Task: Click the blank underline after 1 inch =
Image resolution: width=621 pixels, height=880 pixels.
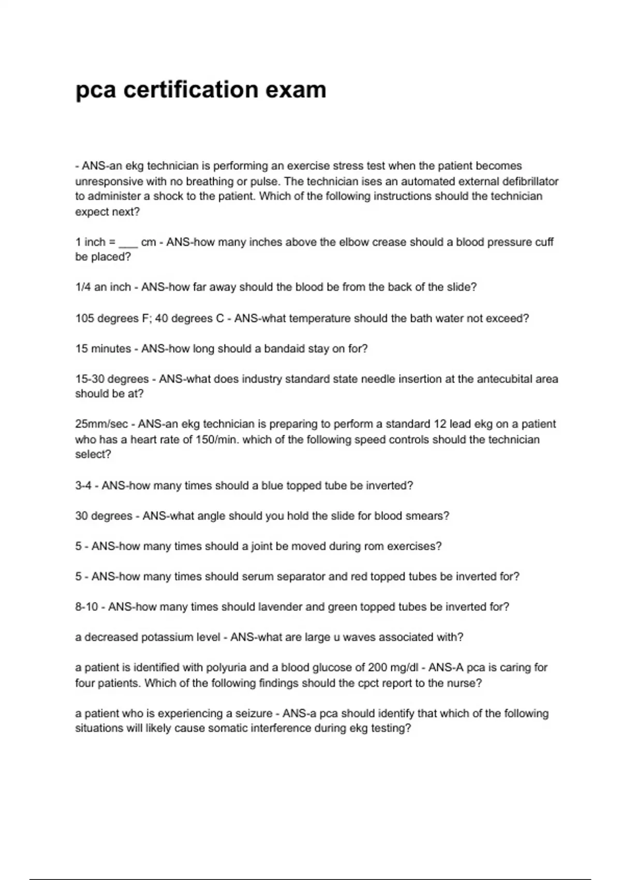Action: point(128,242)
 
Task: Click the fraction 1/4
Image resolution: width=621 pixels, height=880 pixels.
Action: point(83,287)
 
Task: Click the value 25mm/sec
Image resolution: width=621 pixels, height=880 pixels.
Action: point(101,424)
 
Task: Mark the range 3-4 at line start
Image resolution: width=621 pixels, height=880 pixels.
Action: point(83,486)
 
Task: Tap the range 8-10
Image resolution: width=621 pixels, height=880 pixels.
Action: point(86,607)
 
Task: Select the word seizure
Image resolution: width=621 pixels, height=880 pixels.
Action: point(254,713)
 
